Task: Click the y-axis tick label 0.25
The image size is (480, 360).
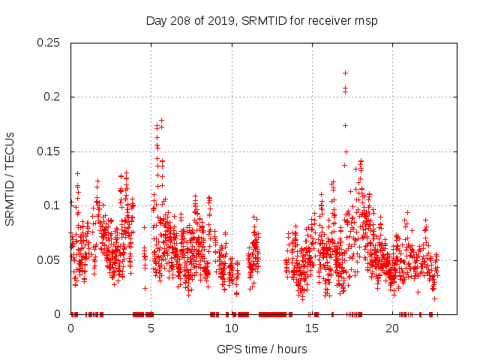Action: (x=50, y=43)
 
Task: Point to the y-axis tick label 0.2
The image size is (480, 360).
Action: (x=53, y=97)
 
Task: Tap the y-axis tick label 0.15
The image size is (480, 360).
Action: (x=50, y=151)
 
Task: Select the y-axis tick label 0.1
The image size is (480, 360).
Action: (x=53, y=205)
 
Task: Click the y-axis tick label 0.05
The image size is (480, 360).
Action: (x=50, y=259)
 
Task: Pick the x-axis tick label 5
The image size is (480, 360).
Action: (x=151, y=328)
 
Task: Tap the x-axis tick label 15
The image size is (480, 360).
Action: (x=311, y=328)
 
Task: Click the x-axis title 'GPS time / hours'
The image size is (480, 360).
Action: (x=262, y=349)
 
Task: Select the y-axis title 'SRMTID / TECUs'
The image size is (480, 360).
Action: (x=10, y=178)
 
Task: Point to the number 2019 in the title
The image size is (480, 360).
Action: (x=220, y=20)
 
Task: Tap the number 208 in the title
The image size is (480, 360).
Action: (x=180, y=20)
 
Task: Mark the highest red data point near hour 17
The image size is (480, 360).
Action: (x=345, y=73)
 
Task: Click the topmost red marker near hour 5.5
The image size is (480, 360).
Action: (x=161, y=120)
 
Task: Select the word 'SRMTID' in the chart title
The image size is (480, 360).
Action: (x=264, y=20)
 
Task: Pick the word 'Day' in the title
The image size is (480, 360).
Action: (x=156, y=20)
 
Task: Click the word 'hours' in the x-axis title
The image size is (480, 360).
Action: (x=291, y=349)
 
